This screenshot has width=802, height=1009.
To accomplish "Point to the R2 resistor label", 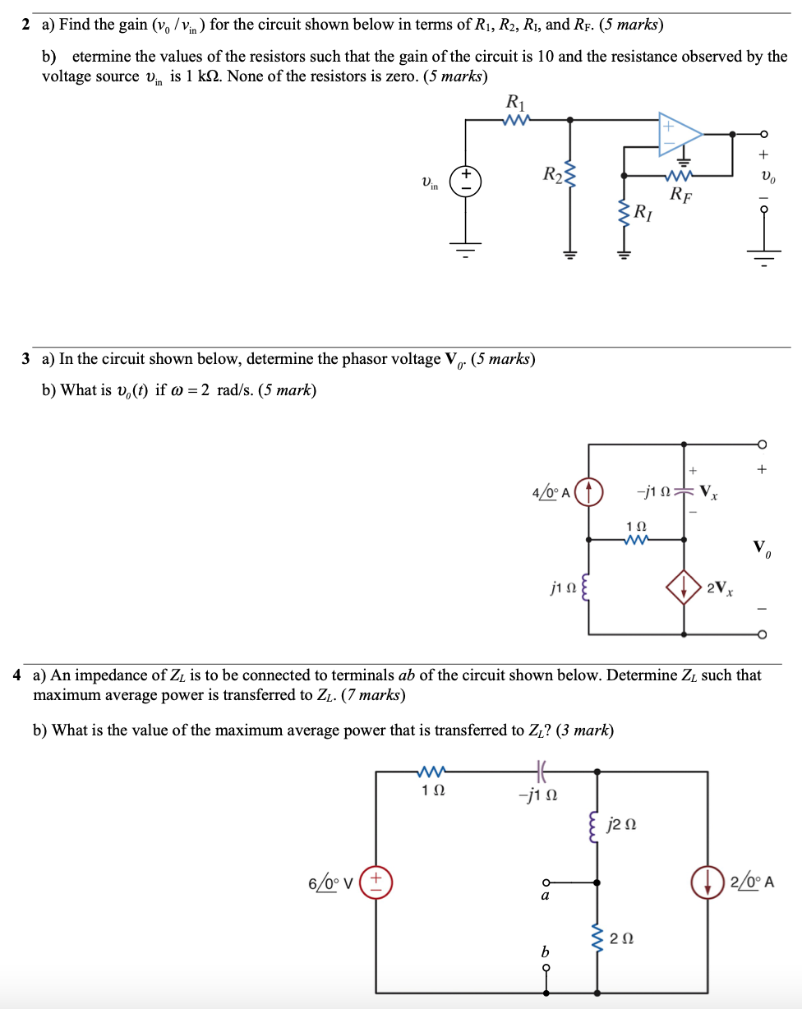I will click(552, 174).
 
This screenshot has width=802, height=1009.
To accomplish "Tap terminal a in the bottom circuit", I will click(544, 884).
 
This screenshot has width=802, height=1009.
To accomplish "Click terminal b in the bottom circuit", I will click(544, 966).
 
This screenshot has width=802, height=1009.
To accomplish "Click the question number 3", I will click(27, 359).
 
